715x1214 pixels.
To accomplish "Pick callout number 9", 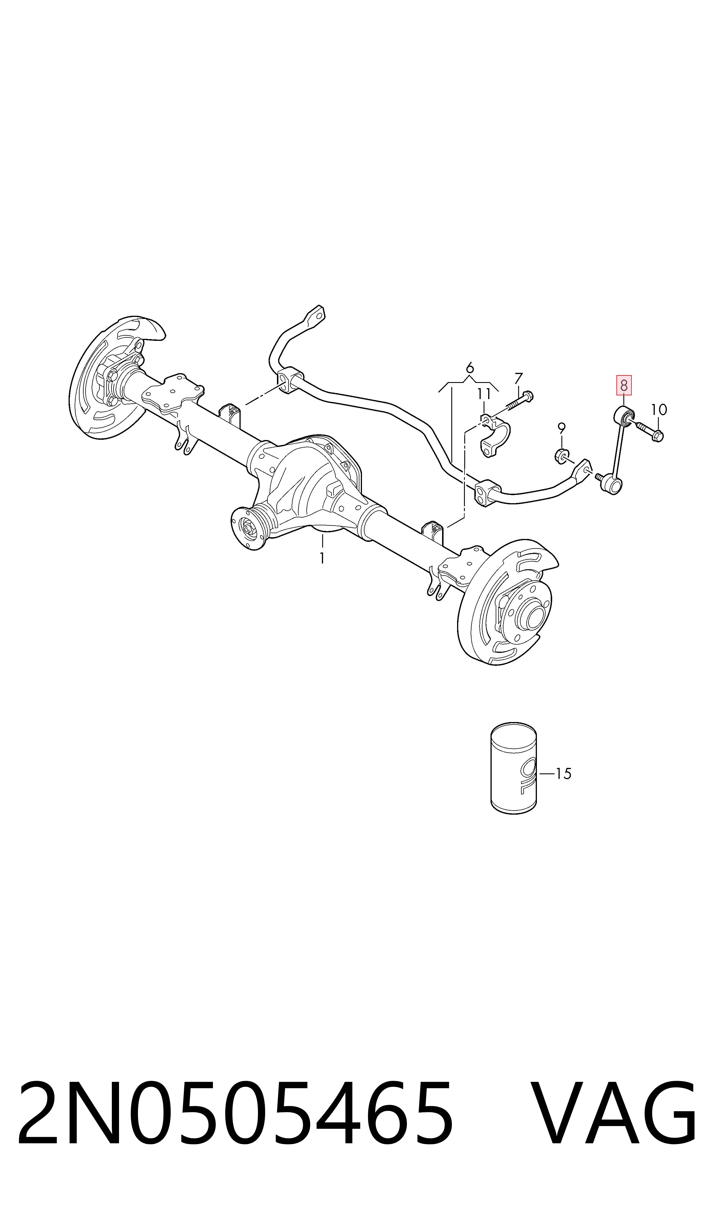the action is coord(561,427).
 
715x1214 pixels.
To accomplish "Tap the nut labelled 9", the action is coord(562,455).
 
